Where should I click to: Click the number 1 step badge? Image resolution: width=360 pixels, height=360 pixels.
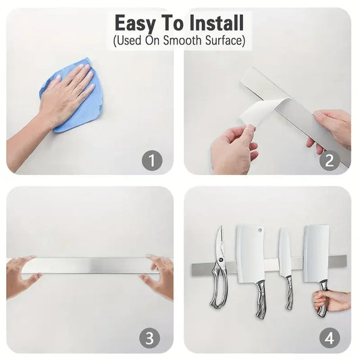[x=151, y=160]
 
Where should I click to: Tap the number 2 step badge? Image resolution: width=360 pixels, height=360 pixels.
[x=329, y=160]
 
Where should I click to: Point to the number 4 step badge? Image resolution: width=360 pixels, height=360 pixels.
[x=329, y=337]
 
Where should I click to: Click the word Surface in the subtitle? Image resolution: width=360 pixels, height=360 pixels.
[x=222, y=41]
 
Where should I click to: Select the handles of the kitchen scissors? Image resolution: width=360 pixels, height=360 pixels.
[x=219, y=290]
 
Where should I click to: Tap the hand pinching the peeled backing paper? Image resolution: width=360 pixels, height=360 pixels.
[x=233, y=149]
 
